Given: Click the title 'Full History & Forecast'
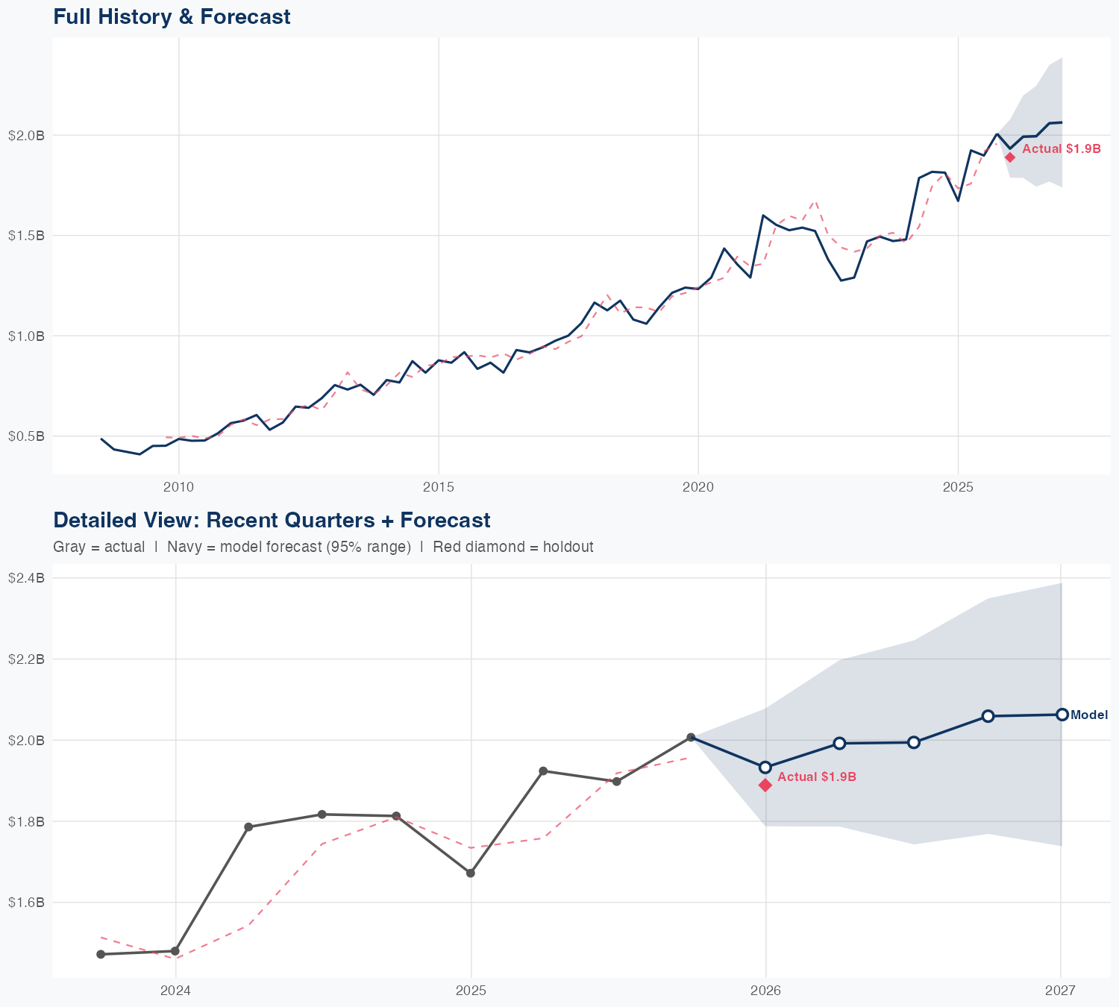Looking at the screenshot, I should coord(172,16).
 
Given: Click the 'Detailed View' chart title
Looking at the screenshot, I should coord(272,520).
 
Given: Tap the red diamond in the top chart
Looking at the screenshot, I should coord(1009,157).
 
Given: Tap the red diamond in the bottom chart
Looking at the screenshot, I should coord(765,785).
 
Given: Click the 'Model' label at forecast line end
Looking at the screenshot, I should coord(1089,715).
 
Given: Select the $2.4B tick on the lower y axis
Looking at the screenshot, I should coord(26,577).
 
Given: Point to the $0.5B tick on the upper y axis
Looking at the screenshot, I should coord(26,436).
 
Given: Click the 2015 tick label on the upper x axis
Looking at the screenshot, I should coord(438,487).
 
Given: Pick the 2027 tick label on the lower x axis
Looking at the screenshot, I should coord(1060,991).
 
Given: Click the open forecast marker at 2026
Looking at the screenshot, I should coord(765,767).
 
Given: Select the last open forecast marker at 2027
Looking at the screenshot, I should coord(1062,715).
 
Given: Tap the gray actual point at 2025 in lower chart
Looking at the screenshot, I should coord(471,873).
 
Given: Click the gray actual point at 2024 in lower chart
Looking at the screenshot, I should coord(175,951).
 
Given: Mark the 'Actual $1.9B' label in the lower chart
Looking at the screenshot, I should coord(817,777).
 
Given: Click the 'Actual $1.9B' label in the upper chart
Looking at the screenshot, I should coord(1061,148).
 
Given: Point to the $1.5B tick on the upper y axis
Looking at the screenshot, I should coord(26,235).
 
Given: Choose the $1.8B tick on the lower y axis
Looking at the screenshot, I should coord(26,821).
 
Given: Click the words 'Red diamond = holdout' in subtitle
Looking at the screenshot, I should coord(513,547).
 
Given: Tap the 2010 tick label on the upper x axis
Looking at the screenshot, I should coord(178,487).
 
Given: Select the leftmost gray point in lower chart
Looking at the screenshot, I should coord(101,954).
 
